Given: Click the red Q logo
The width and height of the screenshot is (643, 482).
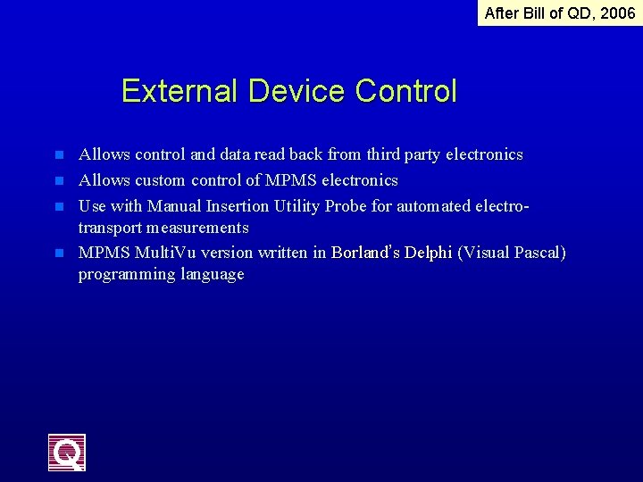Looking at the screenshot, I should [67, 453].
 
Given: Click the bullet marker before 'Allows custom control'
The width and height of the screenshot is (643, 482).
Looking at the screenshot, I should [60, 180].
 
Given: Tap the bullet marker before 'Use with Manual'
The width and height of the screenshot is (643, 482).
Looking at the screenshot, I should [60, 206].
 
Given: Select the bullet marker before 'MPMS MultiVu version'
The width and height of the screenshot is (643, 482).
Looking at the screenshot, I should [60, 253].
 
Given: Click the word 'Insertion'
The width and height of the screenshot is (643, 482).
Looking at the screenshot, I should [236, 206].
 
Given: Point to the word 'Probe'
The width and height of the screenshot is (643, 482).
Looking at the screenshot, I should [345, 206].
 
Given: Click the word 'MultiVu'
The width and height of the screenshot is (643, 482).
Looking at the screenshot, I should [161, 253].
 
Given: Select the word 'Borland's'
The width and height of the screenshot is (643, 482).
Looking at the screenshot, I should [365, 253].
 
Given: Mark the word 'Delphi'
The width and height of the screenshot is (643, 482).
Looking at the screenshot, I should [428, 253].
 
